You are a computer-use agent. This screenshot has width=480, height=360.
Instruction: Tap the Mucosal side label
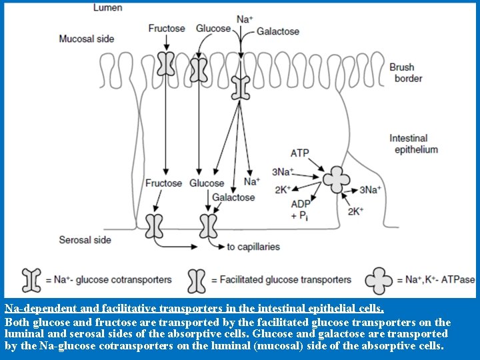[x=87, y=39]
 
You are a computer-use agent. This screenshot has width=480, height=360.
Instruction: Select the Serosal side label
[x=85, y=239]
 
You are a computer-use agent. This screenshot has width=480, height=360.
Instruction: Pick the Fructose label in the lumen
[x=167, y=29]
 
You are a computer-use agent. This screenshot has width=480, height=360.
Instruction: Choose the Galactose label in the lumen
[x=278, y=31]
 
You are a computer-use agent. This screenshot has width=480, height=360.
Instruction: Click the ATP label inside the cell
[x=299, y=153]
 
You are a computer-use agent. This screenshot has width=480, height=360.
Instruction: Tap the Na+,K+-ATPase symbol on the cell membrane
[x=337, y=178]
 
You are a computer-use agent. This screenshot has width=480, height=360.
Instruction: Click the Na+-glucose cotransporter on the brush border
[x=239, y=87]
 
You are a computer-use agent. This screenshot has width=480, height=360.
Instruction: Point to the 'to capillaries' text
[x=253, y=247]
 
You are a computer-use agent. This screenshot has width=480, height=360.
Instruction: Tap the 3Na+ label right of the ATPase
[x=370, y=190]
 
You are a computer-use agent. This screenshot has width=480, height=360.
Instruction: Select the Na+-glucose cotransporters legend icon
[x=32, y=280]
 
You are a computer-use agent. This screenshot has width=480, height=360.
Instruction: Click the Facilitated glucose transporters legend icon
[x=197, y=280]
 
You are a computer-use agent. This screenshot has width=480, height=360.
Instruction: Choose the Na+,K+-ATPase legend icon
[x=379, y=280]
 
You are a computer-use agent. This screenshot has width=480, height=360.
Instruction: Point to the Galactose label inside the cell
[x=233, y=197]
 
